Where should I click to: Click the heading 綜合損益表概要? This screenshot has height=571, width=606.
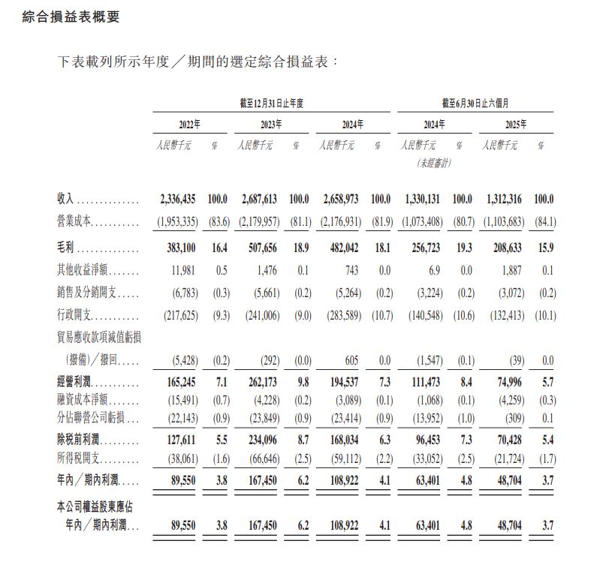click(71, 17)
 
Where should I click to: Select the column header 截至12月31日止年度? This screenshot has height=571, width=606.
click(272, 104)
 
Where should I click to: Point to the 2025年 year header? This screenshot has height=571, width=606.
click(516, 125)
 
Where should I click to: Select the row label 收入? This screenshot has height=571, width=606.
click(67, 200)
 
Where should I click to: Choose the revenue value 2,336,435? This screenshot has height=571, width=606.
click(179, 200)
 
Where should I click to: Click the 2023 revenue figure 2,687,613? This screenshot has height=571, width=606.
click(261, 200)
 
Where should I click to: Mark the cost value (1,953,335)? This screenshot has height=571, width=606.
click(178, 221)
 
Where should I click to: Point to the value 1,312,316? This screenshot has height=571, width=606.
click(505, 200)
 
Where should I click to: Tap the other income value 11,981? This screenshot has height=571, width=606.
click(185, 271)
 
